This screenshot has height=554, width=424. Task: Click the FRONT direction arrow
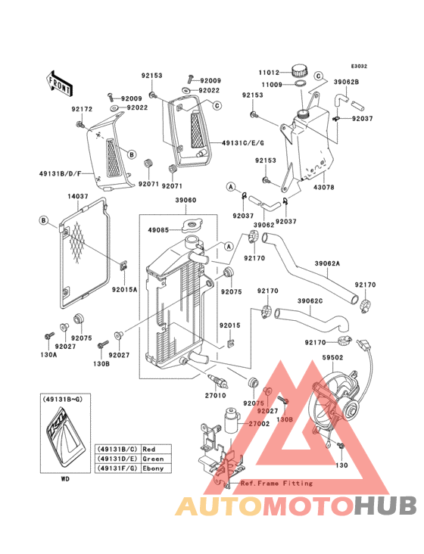59,83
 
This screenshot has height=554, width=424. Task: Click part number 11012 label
270,73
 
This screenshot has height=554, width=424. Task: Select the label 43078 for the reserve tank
323,187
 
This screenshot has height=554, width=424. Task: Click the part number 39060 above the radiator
185,201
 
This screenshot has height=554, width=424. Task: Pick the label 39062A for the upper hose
327,263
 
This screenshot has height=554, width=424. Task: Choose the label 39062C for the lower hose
310,301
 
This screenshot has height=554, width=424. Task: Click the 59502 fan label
332,357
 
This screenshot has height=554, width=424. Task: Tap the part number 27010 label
216,395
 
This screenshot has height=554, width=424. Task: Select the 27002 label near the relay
259,424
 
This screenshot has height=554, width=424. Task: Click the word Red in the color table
149,449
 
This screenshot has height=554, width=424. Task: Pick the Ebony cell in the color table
154,468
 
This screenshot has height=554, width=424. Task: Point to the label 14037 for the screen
78,197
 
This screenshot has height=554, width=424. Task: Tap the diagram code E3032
359,66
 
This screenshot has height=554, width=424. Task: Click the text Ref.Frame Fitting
276,483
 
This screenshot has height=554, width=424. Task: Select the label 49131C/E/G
243,143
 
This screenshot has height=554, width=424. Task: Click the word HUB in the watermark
385,506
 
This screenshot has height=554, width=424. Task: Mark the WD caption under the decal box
65,479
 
